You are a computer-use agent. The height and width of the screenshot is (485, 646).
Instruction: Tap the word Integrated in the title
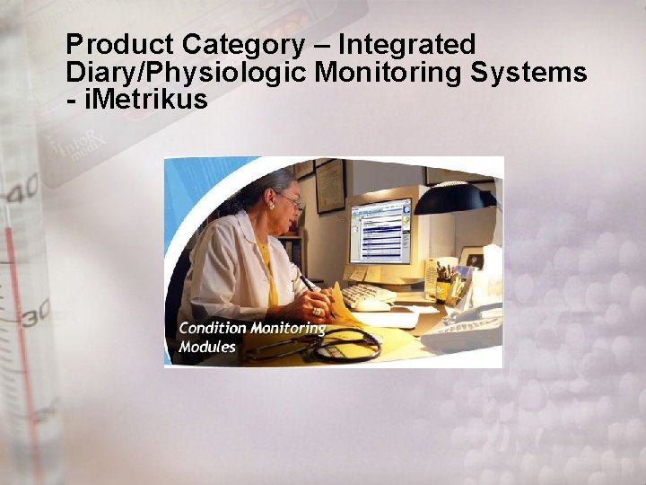click(x=408, y=44)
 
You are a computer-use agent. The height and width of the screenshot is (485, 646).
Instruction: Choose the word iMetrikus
click(x=145, y=100)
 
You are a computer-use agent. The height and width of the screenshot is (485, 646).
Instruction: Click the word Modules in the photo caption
click(x=207, y=347)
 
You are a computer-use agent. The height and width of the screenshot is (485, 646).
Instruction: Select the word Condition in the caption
click(x=213, y=328)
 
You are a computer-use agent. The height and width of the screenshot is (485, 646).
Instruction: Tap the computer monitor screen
click(x=380, y=230)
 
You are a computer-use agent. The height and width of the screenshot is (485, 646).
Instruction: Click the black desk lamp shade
click(x=453, y=198)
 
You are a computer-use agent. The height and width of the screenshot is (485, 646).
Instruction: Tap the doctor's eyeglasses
click(x=288, y=200)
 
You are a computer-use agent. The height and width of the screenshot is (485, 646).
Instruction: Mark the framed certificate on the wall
click(x=330, y=185)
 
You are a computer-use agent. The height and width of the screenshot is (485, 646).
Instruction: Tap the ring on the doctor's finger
click(x=317, y=312)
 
